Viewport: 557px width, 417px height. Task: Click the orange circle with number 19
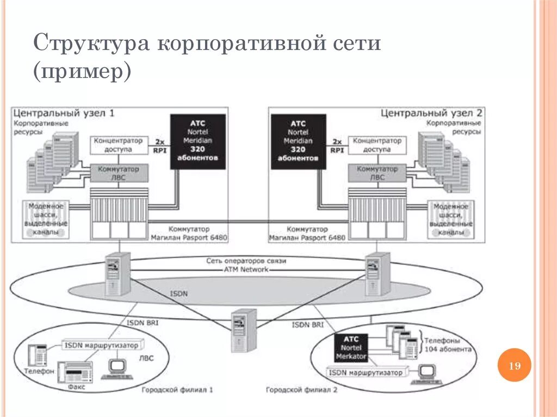pyautogui.click(x=514, y=366)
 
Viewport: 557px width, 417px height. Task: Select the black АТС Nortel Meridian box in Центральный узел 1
pyautogui.click(x=198, y=141)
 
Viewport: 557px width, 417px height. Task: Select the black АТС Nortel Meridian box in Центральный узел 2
pyautogui.click(x=298, y=141)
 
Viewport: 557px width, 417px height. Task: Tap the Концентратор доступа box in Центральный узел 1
pyautogui.click(x=118, y=145)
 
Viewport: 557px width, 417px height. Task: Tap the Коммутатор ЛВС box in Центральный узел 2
pyautogui.click(x=377, y=173)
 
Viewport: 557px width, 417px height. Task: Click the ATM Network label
pyautogui.click(x=246, y=269)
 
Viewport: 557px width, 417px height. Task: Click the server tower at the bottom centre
pyautogui.click(x=242, y=331)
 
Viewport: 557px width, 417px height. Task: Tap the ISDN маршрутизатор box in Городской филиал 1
pyautogui.click(x=103, y=345)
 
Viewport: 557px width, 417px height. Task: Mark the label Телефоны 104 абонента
pyautogui.click(x=447, y=345)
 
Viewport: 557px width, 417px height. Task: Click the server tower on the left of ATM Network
pyautogui.click(x=118, y=273)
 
